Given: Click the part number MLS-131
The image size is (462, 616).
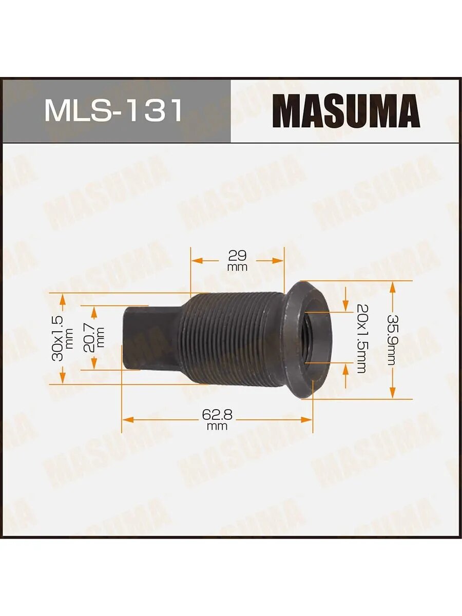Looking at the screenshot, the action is pos(113,111).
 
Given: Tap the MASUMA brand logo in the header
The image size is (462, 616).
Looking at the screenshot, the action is pos(346,111).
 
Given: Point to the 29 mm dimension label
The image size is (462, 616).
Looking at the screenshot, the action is pos(237,260).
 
